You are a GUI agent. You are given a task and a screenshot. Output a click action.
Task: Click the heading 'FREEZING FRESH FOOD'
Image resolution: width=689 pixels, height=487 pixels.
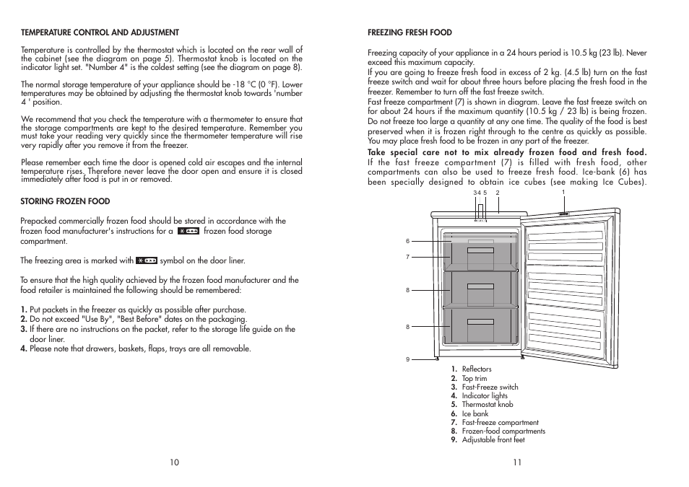pos(409,32)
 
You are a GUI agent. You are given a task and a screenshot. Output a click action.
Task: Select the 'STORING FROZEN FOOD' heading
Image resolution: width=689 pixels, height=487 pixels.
pos(65,201)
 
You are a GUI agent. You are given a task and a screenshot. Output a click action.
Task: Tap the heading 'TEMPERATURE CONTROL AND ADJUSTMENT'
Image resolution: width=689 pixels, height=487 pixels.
pos(100,32)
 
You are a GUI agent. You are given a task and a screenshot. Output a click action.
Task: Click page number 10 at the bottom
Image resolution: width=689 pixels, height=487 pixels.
pos(174,462)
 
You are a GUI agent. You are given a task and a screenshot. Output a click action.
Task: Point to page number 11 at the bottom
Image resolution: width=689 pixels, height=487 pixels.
pos(517,462)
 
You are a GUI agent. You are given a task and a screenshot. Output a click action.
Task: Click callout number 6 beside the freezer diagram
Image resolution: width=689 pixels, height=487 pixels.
pos(407,241)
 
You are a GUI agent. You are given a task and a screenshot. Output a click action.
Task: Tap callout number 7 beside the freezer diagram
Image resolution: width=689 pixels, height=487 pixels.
pos(407,257)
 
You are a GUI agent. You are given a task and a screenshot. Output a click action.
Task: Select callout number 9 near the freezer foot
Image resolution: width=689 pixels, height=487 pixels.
pos(407,359)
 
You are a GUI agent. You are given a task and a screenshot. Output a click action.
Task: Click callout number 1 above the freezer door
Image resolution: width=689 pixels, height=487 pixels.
pos(563,192)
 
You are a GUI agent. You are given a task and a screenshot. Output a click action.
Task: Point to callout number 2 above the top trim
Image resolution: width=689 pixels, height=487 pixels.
pos(498,193)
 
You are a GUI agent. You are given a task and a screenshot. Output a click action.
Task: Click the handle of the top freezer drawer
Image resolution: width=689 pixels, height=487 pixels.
pos(480,250)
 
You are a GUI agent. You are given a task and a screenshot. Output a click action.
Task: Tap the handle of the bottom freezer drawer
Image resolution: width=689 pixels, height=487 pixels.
pos(480,322)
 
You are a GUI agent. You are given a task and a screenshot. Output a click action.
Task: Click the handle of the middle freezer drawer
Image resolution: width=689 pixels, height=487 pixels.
pos(480,286)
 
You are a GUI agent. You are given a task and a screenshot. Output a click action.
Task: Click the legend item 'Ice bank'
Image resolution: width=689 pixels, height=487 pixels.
pos(475,414)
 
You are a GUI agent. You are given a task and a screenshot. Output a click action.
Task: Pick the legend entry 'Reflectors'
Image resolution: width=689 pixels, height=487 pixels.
pos(477,369)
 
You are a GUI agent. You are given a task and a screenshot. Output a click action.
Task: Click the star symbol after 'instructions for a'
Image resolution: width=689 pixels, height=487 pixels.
pos(188,232)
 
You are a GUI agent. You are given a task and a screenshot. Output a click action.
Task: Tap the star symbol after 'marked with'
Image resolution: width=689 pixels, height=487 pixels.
pos(147,260)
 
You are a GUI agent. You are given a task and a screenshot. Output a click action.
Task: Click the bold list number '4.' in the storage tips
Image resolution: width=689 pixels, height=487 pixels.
pos(24,349)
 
